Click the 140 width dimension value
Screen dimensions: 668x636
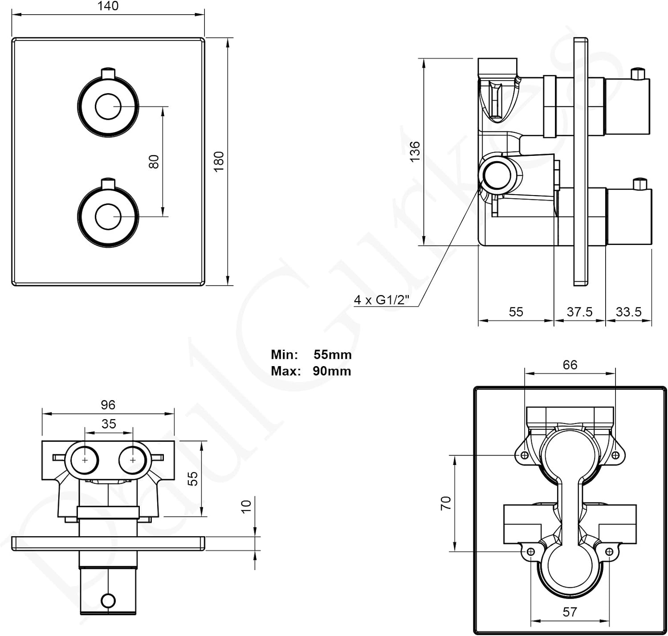[x=108, y=6]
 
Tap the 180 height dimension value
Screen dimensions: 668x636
[x=219, y=162]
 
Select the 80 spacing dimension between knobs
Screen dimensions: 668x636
[x=154, y=162]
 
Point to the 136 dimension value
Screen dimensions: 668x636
[x=415, y=151]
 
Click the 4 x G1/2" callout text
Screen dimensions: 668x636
[x=382, y=300]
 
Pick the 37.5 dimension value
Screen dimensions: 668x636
[x=579, y=312]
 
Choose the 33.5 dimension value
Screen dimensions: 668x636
[x=628, y=312]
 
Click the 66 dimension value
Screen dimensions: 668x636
[x=570, y=365]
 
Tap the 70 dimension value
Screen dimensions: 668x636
[x=445, y=503]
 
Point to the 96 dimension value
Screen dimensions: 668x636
[x=108, y=404]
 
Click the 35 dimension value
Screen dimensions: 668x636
[x=109, y=424]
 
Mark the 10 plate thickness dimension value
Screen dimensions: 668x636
[x=246, y=506]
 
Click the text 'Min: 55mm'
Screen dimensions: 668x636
[x=311, y=355]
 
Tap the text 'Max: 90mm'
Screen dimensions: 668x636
[x=311, y=371]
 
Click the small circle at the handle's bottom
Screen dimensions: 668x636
[x=108, y=601]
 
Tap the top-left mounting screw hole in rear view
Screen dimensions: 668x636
[x=525, y=455]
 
